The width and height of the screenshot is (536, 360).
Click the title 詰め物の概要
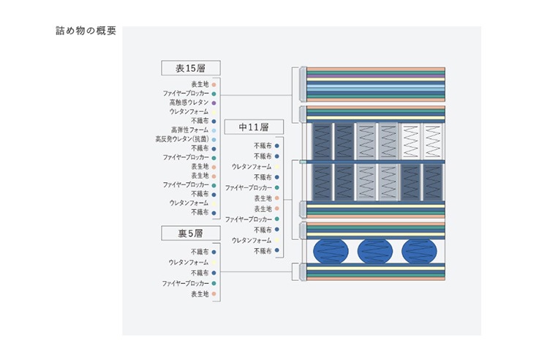(86, 31)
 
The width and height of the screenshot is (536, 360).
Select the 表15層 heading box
(191, 68)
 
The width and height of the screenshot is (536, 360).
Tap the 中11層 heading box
(254, 127)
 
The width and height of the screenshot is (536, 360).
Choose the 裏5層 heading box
(191, 233)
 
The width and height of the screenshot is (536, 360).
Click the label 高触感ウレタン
(189, 102)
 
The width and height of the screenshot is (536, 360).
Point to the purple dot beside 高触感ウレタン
(214, 102)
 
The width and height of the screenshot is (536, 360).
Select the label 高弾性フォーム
(189, 130)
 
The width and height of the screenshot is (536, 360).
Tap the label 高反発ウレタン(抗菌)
(182, 139)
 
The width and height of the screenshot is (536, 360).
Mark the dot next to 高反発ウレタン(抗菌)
(214, 140)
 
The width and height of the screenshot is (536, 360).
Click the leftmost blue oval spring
(331, 251)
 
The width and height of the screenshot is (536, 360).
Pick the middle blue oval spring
(375, 251)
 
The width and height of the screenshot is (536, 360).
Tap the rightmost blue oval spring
(419, 251)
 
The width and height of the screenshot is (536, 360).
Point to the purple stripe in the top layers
(376, 75)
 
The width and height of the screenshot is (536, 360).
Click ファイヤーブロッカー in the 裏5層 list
(185, 283)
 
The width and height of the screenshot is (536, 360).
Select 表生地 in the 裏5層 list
(200, 294)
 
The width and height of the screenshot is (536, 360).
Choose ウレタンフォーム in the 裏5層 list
(189, 263)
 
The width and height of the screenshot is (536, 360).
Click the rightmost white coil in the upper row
(433, 141)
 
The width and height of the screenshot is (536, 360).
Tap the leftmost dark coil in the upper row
(322, 141)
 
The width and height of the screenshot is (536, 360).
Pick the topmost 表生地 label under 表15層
(200, 84)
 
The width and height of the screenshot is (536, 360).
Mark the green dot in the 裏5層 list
(214, 283)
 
